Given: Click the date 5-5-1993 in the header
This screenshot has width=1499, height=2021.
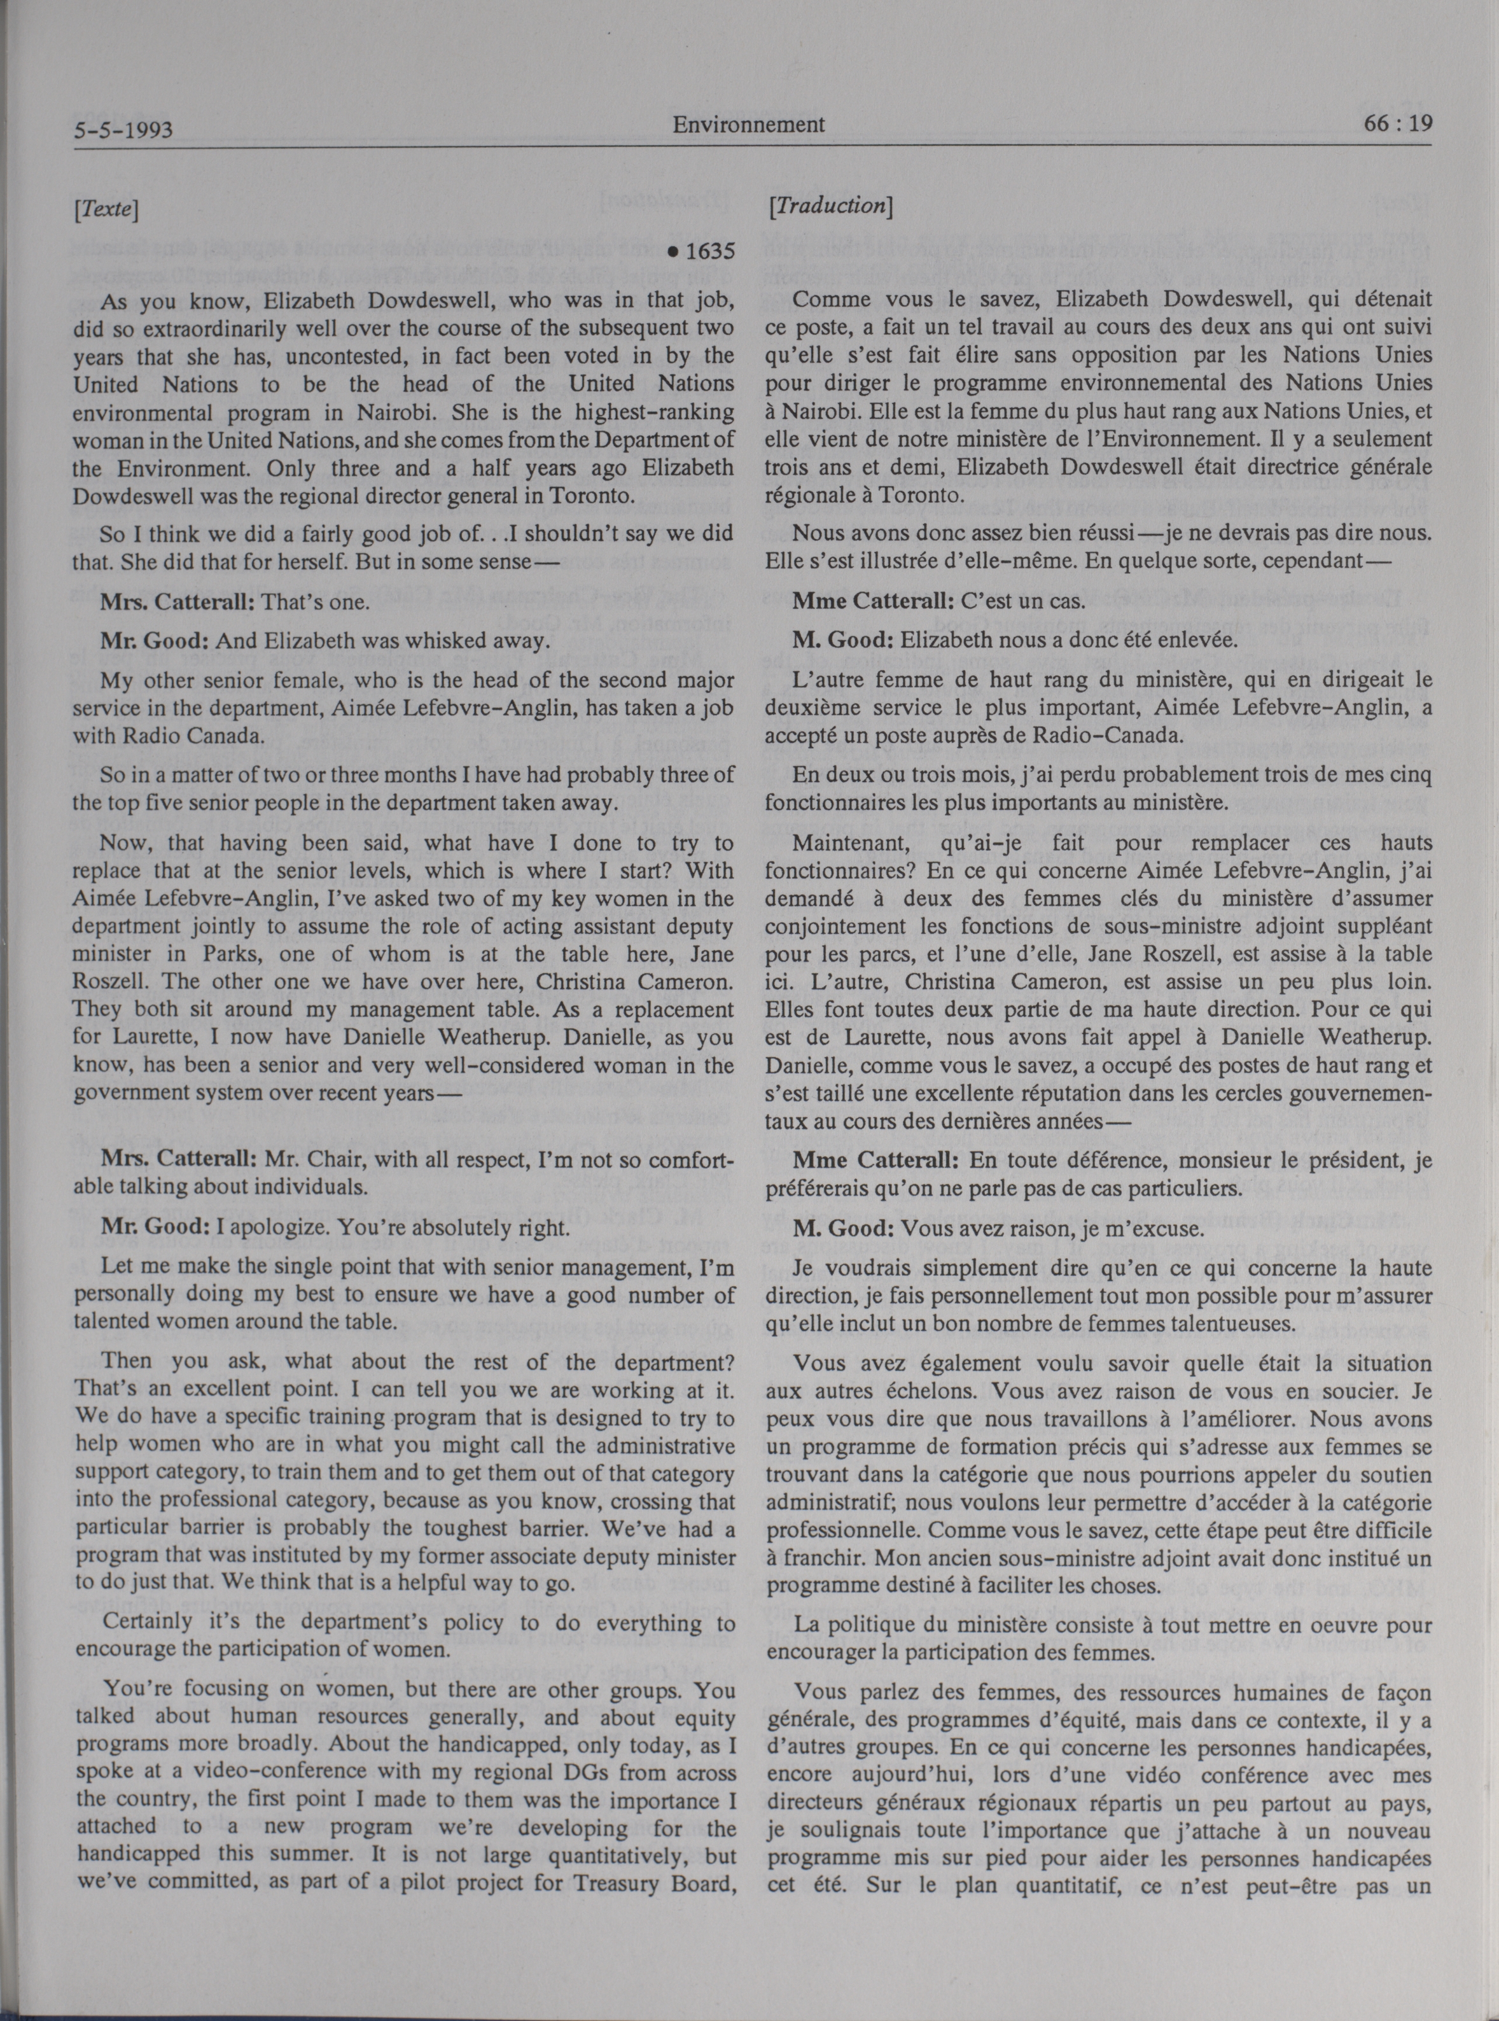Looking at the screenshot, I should (123, 132).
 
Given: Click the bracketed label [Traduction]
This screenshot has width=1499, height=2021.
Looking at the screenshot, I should (830, 206).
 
